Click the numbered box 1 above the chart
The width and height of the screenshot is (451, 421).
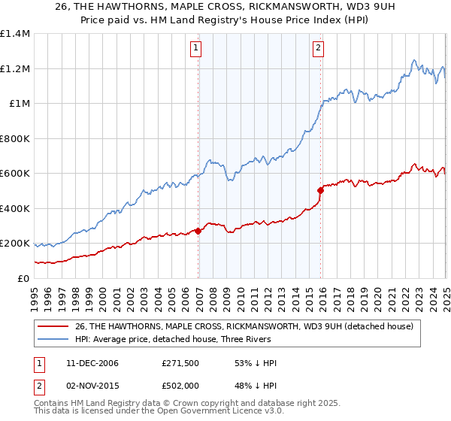[x=195, y=48]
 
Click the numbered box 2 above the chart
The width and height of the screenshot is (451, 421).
[x=318, y=48]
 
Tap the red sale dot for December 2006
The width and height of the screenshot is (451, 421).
[x=198, y=231]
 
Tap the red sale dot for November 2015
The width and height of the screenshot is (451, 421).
[x=321, y=191]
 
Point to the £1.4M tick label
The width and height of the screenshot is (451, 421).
[x=15, y=34]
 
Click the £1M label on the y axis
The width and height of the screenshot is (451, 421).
[x=20, y=104]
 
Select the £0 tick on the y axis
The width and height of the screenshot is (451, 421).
[x=23, y=278]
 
